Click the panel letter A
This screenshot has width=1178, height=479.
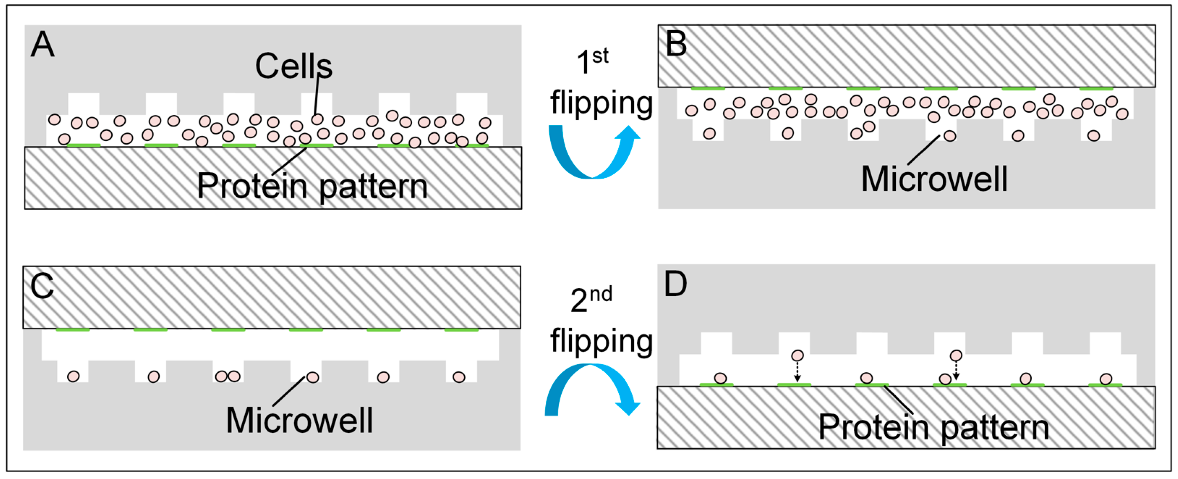[43, 45]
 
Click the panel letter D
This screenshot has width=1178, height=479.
[675, 284]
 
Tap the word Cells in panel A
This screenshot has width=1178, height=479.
[293, 67]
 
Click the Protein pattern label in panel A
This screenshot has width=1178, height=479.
[312, 186]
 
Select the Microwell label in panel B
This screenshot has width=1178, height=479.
[934, 180]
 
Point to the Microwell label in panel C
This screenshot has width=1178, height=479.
[299, 420]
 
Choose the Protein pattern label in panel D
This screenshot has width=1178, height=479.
[933, 427]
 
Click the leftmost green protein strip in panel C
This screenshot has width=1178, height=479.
[73, 330]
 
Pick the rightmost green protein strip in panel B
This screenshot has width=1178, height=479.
[1096, 88]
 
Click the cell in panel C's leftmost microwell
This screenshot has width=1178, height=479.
[73, 377]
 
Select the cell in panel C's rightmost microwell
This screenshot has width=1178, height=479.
[459, 377]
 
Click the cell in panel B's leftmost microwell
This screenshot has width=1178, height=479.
[709, 134]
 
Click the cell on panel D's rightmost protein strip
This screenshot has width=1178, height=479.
[1106, 379]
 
